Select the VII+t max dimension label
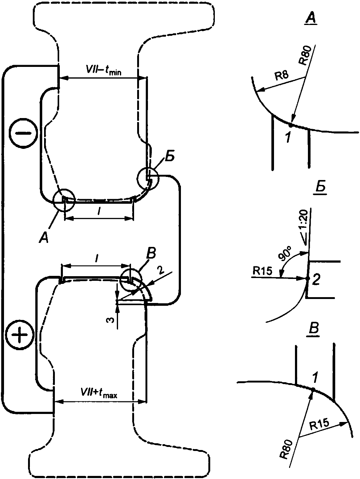[99, 393]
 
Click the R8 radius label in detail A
[281, 76]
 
